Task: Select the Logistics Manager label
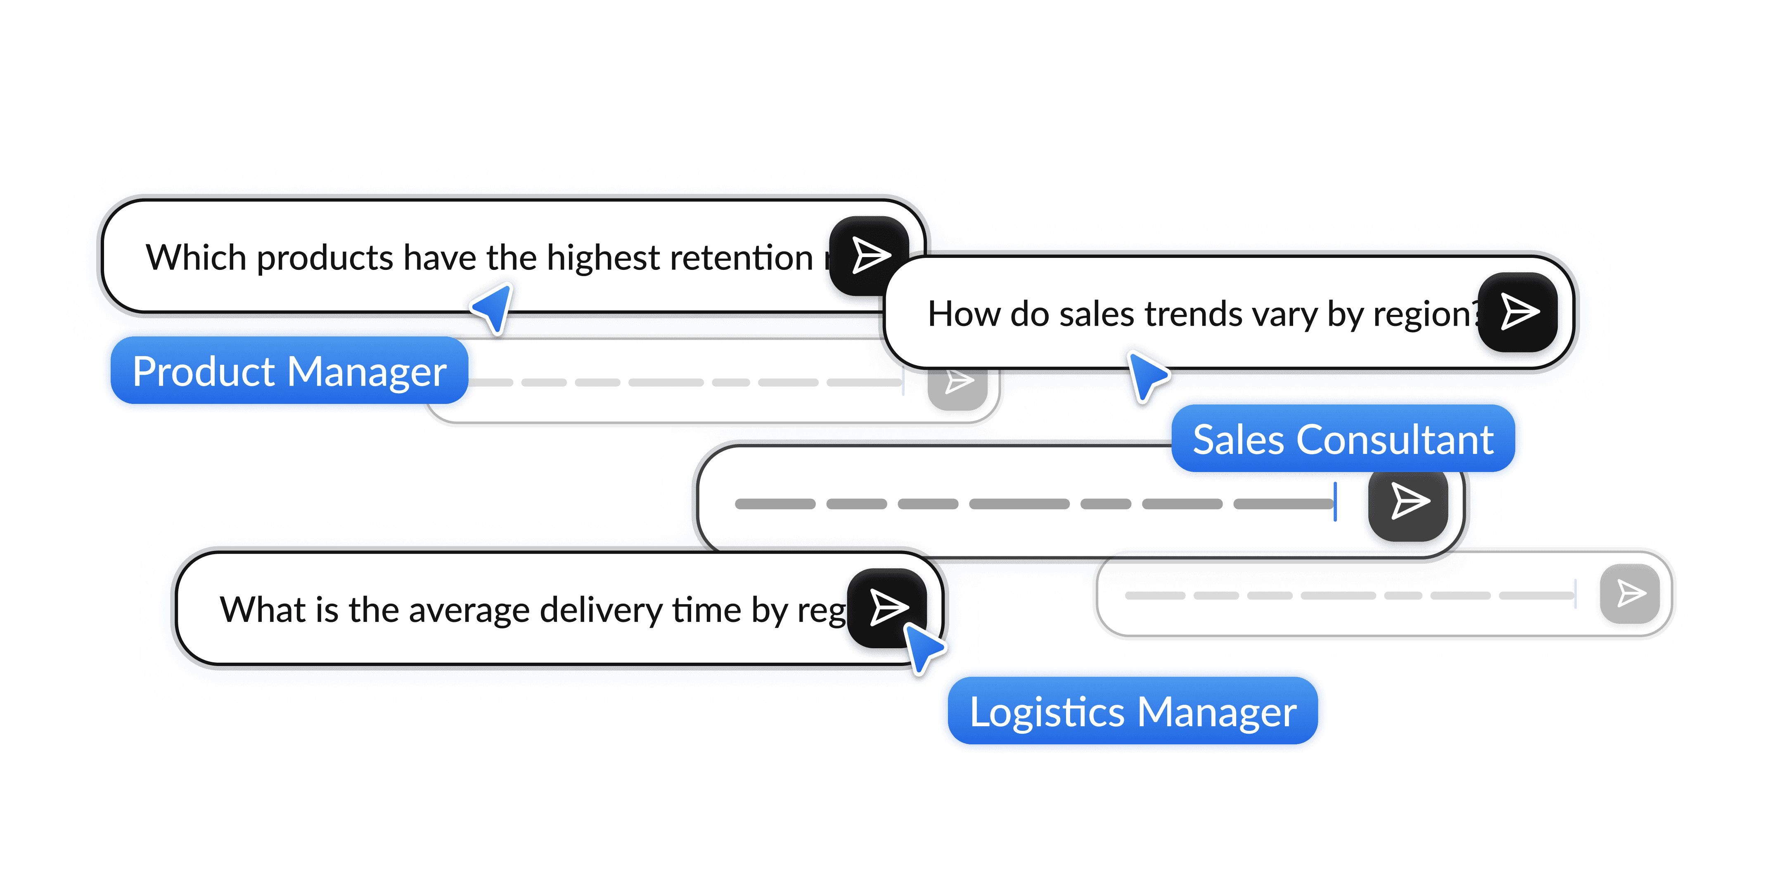tap(1133, 711)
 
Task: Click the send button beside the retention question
tap(869, 256)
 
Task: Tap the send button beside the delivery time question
tap(887, 607)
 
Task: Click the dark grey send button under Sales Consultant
tap(1408, 501)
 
